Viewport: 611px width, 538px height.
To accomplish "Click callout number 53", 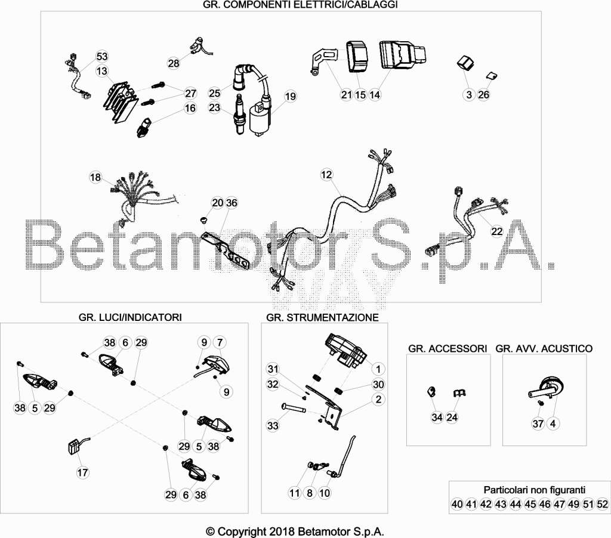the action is [x=101, y=57].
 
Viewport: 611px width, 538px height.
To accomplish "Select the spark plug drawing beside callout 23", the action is [x=239, y=114].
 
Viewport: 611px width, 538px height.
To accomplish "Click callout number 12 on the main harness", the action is [x=326, y=175].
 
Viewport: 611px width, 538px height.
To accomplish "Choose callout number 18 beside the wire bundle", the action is [x=95, y=178].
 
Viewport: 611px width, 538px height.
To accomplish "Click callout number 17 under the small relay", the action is [x=82, y=472].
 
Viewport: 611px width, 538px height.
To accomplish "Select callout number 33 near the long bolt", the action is [x=273, y=425].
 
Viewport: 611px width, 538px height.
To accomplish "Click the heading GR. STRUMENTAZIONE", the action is [x=322, y=317].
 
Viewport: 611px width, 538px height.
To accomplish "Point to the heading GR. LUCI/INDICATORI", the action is [x=130, y=317].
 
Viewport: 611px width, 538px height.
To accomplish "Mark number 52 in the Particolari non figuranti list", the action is [x=603, y=504].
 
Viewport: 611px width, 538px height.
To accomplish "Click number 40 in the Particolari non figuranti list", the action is [x=457, y=504].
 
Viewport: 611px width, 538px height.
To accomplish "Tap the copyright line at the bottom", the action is [x=295, y=531].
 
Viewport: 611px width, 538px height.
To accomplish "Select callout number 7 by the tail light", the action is [x=220, y=342].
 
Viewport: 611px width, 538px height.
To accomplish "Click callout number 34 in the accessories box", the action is [x=437, y=418].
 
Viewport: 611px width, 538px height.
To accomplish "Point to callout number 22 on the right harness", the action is [x=497, y=231].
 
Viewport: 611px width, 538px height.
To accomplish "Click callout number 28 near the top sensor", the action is [x=174, y=63].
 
